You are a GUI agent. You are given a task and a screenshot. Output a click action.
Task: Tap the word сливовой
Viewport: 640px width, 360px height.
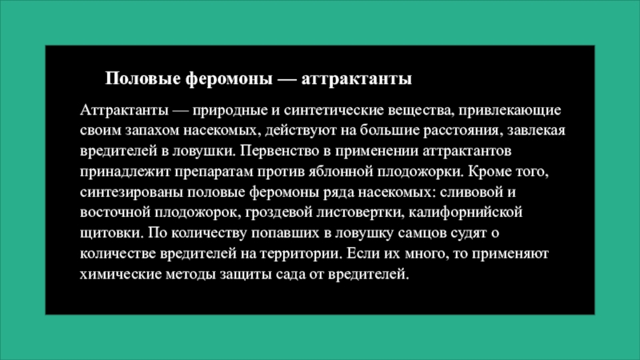[x=479, y=193]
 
